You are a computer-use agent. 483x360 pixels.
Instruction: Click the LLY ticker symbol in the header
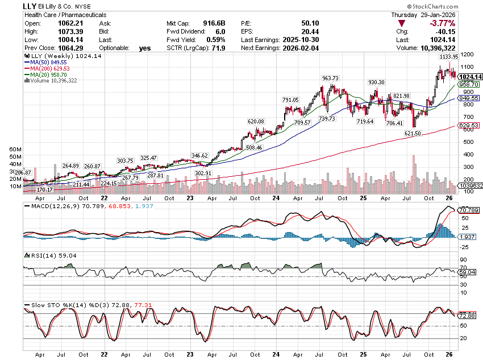pyautogui.click(x=33, y=6)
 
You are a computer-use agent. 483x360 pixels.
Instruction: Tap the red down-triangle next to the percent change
pyautogui.click(x=402, y=23)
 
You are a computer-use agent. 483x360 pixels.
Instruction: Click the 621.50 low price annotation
pyautogui.click(x=413, y=133)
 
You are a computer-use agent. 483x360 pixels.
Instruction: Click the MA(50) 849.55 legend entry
pyautogui.click(x=48, y=63)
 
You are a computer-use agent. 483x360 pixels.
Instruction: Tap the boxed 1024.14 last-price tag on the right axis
pyautogui.click(x=470, y=76)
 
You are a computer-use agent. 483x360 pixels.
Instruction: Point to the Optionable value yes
pyautogui.click(x=145, y=48)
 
